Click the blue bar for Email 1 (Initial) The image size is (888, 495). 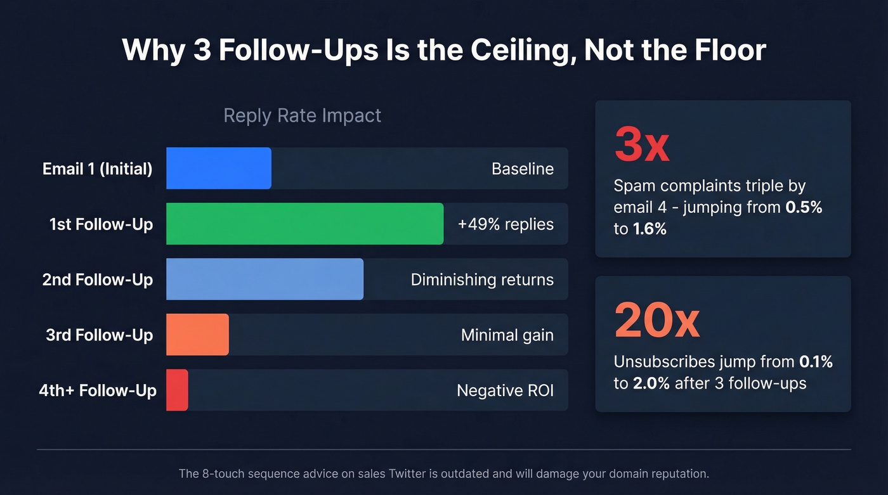coord(219,169)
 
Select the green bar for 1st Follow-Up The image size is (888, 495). coord(304,224)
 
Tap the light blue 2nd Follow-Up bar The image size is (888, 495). coord(264,280)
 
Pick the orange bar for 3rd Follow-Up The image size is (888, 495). coord(197,335)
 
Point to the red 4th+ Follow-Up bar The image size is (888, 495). coord(177,390)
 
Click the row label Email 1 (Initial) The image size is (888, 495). coord(97,169)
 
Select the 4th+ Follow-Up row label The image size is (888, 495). coord(97,390)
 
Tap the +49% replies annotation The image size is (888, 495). coord(506,224)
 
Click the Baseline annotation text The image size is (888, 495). coord(523,169)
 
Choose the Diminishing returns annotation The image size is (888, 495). coord(482,280)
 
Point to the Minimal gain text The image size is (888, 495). coord(507,335)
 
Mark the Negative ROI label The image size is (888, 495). coord(505,390)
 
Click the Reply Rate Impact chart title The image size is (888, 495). coord(303,116)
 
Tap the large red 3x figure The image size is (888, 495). coord(642,145)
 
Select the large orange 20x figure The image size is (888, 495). coord(657,321)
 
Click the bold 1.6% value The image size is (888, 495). coord(650,229)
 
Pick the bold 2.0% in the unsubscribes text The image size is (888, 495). coord(651,383)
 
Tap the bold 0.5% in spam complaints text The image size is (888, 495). coord(804,207)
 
